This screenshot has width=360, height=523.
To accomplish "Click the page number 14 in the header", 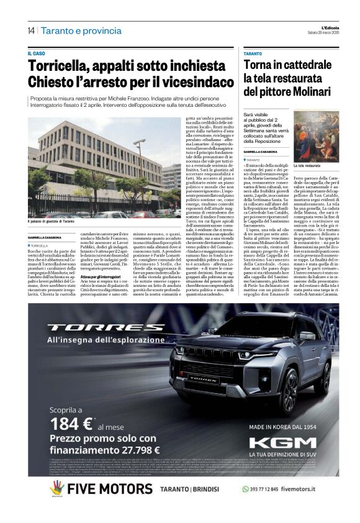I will tap(30, 30).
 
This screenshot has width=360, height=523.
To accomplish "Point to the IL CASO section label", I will tap(37, 54).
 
